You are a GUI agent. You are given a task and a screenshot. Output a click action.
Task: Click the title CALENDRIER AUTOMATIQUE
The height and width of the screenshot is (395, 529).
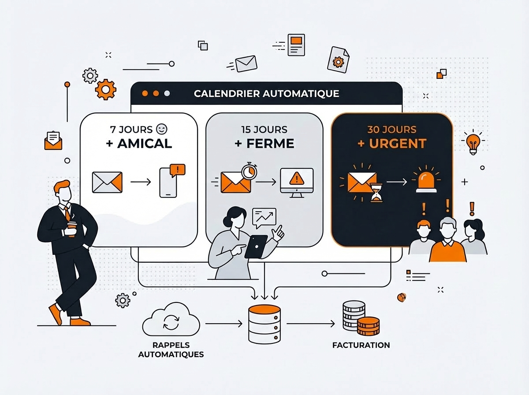(x=266, y=93)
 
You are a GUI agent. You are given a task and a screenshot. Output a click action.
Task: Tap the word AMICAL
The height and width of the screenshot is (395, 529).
(x=145, y=143)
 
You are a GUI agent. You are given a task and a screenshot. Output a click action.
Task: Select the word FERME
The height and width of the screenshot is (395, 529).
(x=270, y=143)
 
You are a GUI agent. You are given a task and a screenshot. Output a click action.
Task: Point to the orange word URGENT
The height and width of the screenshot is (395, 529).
(x=398, y=143)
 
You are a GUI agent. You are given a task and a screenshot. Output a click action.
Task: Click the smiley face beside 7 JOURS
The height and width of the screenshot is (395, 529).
(x=161, y=129)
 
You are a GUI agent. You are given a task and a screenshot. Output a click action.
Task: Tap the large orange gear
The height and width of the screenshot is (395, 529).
(x=105, y=89)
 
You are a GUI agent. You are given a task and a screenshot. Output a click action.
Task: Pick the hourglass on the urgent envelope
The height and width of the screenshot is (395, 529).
(x=376, y=193)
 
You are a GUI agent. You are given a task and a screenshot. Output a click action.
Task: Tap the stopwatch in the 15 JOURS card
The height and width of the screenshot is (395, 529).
(x=249, y=171)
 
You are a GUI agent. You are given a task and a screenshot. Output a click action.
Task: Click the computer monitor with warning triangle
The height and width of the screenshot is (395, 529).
(x=297, y=183)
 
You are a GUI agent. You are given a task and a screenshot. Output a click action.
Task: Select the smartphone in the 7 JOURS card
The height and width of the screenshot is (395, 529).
(x=168, y=183)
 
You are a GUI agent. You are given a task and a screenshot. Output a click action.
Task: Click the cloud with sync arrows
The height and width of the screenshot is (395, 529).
(x=171, y=320)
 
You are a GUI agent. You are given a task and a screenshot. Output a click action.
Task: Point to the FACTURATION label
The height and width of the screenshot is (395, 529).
(x=361, y=345)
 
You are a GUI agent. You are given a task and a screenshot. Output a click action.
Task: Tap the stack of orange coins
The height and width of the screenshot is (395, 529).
(x=368, y=326)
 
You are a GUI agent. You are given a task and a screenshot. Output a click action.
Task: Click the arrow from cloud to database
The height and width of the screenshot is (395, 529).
(x=224, y=324)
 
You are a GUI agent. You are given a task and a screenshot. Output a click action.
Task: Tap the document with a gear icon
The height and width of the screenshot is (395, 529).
(x=339, y=60)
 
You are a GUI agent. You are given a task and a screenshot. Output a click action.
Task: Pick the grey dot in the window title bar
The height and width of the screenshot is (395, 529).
(x=167, y=93)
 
